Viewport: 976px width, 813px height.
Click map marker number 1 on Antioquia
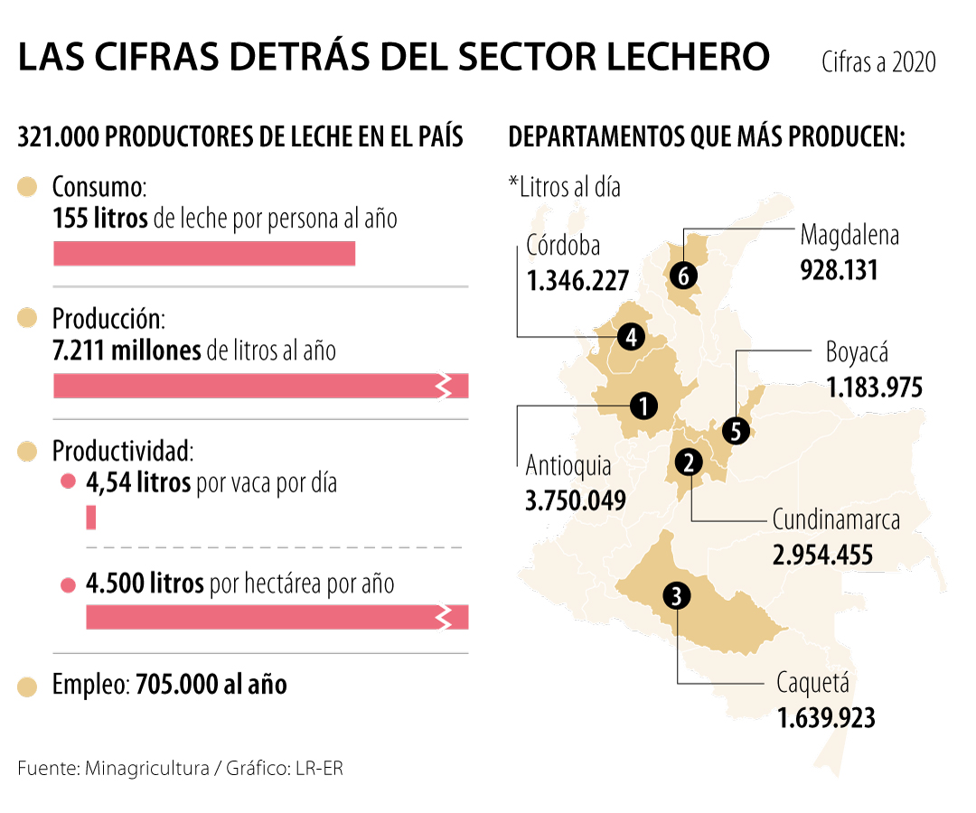[643, 406]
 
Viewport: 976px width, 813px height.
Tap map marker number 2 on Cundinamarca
[689, 463]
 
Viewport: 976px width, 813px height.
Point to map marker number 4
[630, 337]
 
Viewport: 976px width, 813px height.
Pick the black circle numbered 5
[736, 432]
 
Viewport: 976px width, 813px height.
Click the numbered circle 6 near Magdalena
[683, 276]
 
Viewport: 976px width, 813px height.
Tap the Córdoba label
[563, 245]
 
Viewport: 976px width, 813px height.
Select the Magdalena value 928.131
[839, 269]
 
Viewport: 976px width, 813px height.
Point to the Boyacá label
[858, 352]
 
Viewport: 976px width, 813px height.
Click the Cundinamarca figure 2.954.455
[822, 554]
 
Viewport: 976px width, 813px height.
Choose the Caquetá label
[813, 683]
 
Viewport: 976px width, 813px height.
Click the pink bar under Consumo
[204, 254]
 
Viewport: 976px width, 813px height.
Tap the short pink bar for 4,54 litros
[90, 518]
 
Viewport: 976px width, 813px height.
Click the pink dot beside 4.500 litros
[67, 584]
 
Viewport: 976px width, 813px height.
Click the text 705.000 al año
[211, 685]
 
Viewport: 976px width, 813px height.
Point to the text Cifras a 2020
[878, 62]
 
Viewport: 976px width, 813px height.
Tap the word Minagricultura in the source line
[145, 769]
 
